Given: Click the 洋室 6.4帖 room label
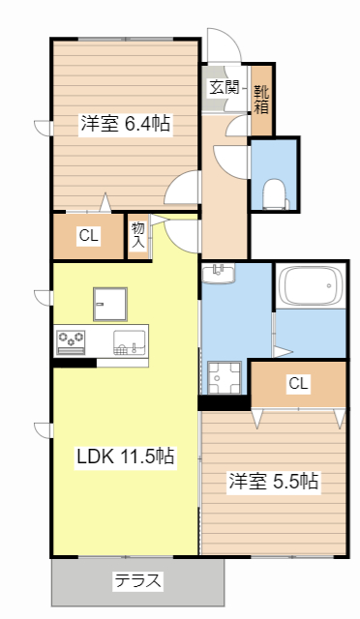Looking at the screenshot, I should pos(126,124).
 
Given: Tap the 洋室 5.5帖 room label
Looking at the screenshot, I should pos(274,481).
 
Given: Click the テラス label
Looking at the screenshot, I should pos(138,581).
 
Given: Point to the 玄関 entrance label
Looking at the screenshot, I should pos(224,87).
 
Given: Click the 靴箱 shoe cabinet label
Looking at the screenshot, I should pos(261,100).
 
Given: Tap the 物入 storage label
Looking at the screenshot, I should pos(138,235).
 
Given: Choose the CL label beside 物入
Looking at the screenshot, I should pos(88,235).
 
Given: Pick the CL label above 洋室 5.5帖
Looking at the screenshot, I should pos(298,383).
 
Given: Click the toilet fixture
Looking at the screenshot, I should pos(275,193).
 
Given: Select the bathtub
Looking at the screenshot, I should pos(310,287).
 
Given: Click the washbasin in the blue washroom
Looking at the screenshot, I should pos(219,273).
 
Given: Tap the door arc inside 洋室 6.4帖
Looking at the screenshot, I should pos(181,190).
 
